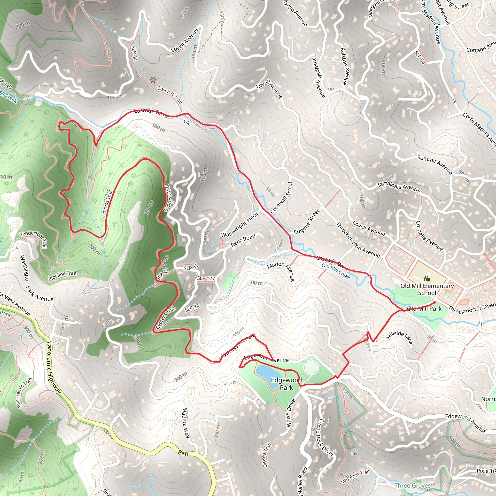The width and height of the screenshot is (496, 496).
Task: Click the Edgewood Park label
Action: [286, 384]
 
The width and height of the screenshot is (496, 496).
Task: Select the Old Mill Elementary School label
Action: [427, 289]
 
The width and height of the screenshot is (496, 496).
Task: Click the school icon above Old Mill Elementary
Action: [427, 278]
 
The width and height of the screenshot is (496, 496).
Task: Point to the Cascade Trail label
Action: [170, 94]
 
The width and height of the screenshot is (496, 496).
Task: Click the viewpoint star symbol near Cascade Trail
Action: [153, 80]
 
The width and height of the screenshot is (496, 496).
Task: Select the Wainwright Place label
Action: [239, 225]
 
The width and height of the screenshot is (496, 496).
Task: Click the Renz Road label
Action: [243, 240]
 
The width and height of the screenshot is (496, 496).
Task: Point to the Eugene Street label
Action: [307, 222]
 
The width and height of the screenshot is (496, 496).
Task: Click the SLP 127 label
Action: [206, 278]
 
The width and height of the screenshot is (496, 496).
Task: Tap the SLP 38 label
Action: [192, 307]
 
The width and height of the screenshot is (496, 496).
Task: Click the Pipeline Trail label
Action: [62, 276]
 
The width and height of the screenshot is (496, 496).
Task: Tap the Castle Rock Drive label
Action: [325, 437]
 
